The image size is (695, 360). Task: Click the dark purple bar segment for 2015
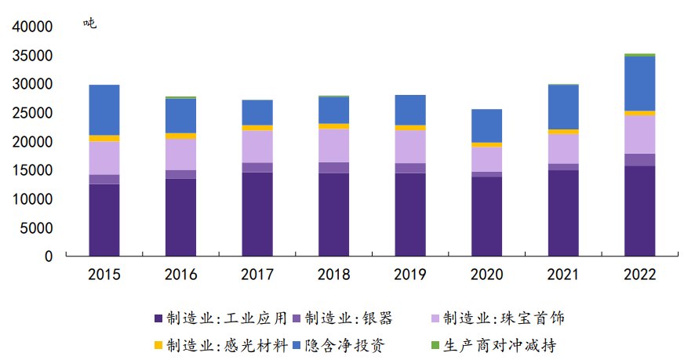click(104, 220)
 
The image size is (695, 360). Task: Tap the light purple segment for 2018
click(333, 145)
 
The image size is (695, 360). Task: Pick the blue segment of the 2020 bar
click(486, 125)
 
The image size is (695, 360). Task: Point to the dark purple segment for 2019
click(410, 214)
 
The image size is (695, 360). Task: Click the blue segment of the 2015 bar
click(104, 110)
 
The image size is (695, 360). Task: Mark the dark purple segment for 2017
click(257, 214)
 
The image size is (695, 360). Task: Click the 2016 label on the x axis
click(180, 275)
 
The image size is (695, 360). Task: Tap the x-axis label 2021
click(563, 275)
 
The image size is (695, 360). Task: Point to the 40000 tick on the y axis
click(33, 27)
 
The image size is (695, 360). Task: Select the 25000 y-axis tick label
click(33, 113)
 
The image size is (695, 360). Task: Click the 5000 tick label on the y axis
click(37, 228)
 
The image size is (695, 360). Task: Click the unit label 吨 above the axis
click(90, 24)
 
